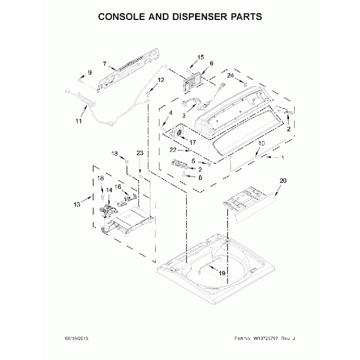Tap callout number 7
(x=105, y=64)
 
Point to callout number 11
(x=78, y=121)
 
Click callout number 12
(x=161, y=80)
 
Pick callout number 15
(x=200, y=57)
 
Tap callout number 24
(x=230, y=75)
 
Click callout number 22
(x=173, y=150)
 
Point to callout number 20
(x=283, y=181)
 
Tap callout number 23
(x=140, y=153)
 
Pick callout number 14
(x=109, y=189)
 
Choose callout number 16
(x=117, y=187)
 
